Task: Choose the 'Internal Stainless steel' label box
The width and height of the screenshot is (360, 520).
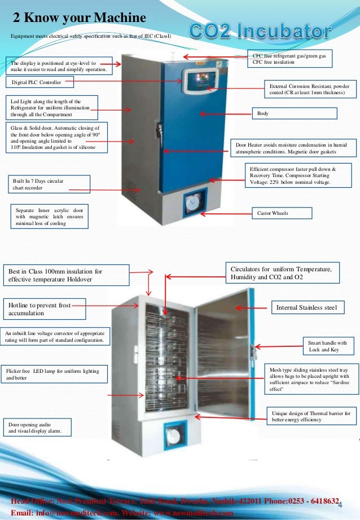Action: tap(306, 307)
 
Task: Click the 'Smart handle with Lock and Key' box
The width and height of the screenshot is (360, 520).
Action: tap(328, 346)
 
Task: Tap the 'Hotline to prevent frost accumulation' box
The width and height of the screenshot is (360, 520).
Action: tap(45, 309)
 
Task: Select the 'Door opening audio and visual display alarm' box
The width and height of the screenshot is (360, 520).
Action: tap(37, 427)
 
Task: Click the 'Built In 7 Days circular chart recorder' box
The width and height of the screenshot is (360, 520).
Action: tap(49, 184)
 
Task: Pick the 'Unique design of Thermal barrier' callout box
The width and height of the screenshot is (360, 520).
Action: tap(310, 417)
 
